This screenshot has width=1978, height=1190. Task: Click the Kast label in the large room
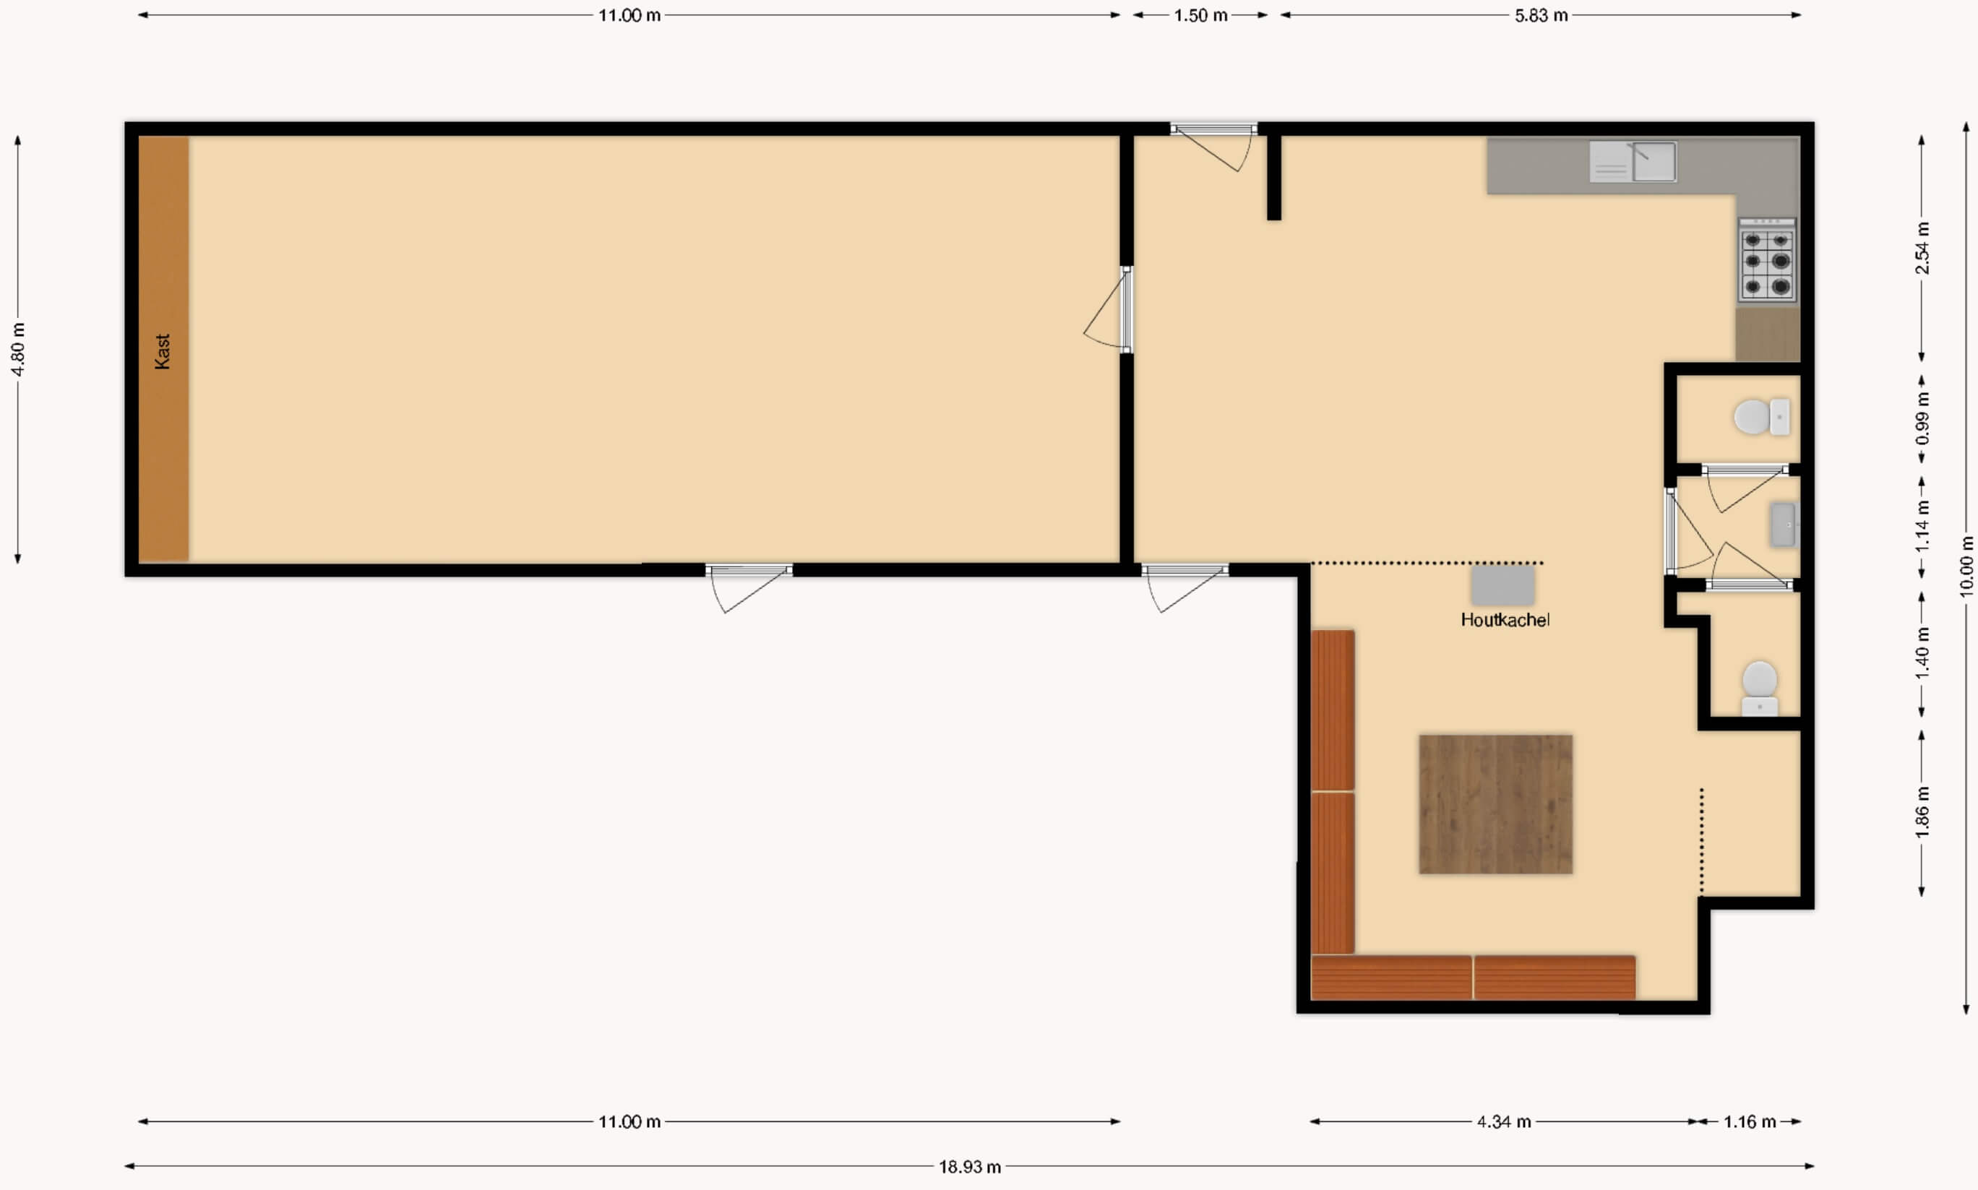(x=162, y=351)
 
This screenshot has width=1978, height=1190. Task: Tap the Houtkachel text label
(x=1505, y=620)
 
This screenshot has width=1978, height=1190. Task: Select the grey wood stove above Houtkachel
(x=1502, y=585)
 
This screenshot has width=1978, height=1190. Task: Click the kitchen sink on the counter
(x=1633, y=162)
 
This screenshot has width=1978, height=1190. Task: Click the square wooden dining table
(x=1496, y=803)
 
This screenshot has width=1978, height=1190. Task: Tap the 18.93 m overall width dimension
(x=970, y=1167)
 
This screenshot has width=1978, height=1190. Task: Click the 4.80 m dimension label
(x=17, y=349)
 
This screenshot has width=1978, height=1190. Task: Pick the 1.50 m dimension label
(x=1201, y=15)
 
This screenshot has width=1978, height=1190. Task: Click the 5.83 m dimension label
(x=1541, y=15)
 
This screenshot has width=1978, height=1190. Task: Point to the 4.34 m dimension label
(x=1504, y=1122)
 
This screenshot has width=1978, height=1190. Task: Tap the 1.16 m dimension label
(x=1750, y=1122)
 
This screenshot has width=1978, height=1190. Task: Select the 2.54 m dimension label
(x=1922, y=248)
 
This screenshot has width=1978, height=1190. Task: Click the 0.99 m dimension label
(x=1922, y=418)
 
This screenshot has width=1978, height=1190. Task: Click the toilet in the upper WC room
(x=1760, y=417)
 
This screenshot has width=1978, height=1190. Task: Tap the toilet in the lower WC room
(x=1759, y=688)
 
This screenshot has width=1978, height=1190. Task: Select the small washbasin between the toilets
(x=1782, y=525)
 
